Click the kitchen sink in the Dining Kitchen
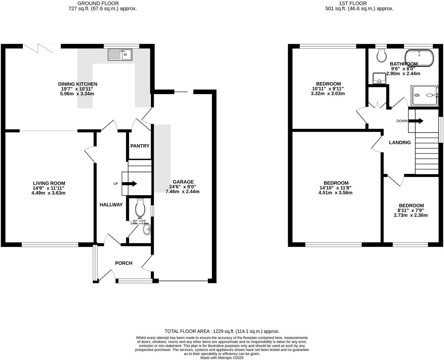(120, 55)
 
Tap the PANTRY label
(140, 146)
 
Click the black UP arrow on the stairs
(130, 184)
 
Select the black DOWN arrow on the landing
(416, 121)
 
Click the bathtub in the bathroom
(419, 58)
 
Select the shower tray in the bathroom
(424, 95)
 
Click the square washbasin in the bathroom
(379, 78)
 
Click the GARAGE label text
(183, 182)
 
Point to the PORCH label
(124, 263)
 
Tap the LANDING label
(400, 143)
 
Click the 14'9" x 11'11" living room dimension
(49, 188)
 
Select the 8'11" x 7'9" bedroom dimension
(411, 210)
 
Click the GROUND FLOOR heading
(98, 3)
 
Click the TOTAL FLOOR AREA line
(222, 331)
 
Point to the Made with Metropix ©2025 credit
(222, 358)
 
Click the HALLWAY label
(111, 205)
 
